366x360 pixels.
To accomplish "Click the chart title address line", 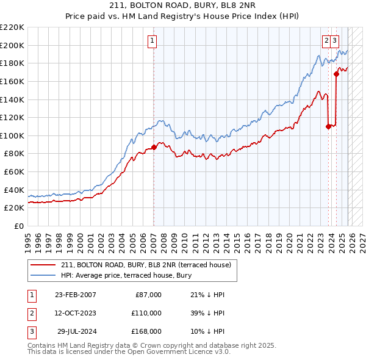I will [182, 5].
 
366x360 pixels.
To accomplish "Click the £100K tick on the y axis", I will [12, 135].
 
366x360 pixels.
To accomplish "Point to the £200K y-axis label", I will [12, 45].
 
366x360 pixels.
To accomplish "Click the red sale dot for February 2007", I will [153, 147].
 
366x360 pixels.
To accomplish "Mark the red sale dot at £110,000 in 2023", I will [328, 126].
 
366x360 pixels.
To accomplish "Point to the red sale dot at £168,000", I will [336, 74].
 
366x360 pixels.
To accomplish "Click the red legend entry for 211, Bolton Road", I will [146, 265].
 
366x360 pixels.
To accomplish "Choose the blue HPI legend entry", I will [126, 275].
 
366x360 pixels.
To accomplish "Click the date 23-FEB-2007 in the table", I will [75, 295].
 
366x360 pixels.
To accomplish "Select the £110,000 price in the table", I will [146, 313].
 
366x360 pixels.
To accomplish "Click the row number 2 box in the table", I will [31, 313].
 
